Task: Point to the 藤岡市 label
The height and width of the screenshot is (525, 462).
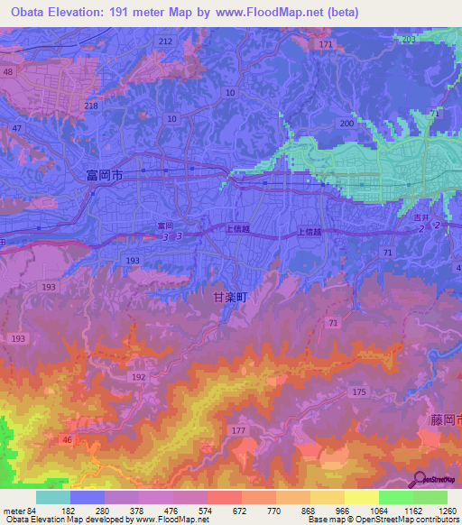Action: [x=443, y=420]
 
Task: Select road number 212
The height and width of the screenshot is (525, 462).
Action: [x=164, y=41]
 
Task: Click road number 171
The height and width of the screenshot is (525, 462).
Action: [x=326, y=44]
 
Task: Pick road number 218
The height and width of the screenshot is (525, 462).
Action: [x=91, y=106]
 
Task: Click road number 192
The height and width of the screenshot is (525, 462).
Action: [x=138, y=378]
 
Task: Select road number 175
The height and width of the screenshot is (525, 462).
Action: [x=359, y=391]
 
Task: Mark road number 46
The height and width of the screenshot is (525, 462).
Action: [x=67, y=439]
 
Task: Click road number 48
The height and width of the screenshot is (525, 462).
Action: [x=8, y=71]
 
